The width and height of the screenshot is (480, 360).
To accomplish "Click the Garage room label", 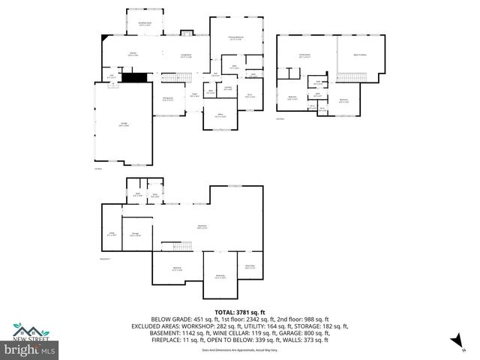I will pos(123,125).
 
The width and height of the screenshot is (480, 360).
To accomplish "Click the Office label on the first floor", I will pos(220,116).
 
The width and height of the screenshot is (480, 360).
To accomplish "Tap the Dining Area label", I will pos(169,98).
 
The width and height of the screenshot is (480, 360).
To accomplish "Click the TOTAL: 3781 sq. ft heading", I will pos(239,312).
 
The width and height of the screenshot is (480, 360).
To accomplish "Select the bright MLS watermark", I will pos(30,350).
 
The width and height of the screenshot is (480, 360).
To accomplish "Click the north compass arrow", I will pos(454,342).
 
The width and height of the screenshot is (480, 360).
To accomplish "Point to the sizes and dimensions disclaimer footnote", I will pos(239,349).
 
